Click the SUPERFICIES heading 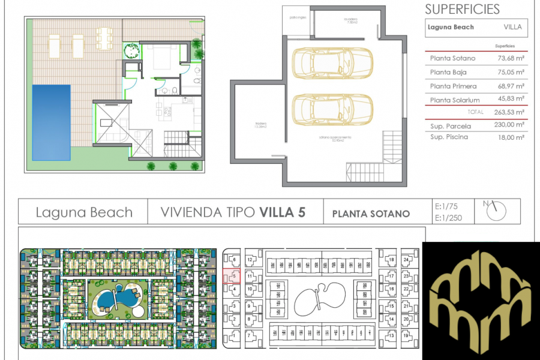point(462,9)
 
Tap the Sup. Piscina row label point(449,137)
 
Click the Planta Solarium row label point(455,100)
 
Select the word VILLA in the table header point(512,27)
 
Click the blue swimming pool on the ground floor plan point(51,122)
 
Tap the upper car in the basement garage point(332,63)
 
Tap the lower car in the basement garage point(332,108)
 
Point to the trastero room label point(260,126)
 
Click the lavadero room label point(350,21)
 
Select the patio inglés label point(298,17)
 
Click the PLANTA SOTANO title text point(370,214)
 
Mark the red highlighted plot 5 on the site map point(233,277)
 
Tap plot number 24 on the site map point(406,260)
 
